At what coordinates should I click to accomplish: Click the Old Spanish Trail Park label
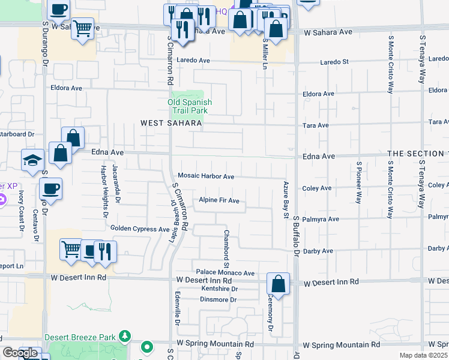point(189,106)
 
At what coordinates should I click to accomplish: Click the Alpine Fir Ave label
point(220,200)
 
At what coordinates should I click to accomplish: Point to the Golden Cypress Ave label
point(140,229)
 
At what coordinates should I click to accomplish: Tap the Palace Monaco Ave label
point(223,273)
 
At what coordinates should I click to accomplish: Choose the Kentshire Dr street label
point(220,289)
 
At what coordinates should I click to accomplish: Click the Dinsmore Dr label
point(219,299)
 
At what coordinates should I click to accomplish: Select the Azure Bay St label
point(286,199)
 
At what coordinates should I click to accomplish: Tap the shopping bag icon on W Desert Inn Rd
point(279,283)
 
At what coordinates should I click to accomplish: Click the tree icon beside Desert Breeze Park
point(125,335)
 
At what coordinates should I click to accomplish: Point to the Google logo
point(20,353)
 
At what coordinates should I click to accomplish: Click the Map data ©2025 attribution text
point(423,355)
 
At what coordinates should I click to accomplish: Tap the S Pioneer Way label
point(358,182)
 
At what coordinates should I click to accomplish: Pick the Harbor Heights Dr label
point(104,191)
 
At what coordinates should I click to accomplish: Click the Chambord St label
point(227,248)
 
